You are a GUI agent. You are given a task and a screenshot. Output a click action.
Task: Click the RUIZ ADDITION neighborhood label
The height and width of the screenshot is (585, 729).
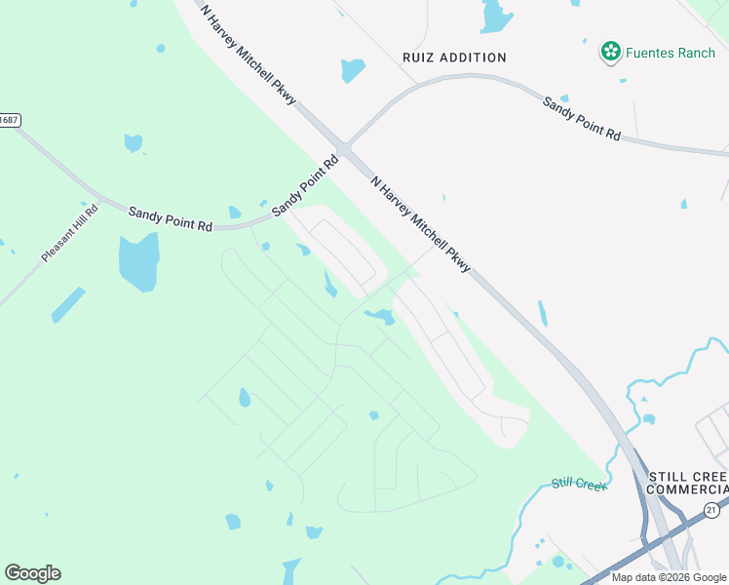[454, 58]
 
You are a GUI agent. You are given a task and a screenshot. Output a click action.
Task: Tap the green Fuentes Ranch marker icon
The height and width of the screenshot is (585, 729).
[611, 52]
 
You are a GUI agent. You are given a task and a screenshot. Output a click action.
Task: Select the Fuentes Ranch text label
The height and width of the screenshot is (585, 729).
[671, 53]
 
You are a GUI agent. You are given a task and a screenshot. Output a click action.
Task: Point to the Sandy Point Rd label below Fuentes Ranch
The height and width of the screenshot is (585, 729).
[582, 119]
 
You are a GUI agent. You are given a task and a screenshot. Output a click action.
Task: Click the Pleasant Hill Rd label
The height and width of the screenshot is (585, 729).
[70, 232]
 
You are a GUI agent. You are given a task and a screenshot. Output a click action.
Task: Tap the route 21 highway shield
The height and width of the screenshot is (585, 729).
[712, 510]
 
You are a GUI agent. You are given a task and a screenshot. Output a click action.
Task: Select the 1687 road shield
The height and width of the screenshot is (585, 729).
[9, 120]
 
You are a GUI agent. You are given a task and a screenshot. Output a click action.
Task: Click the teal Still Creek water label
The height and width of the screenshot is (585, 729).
[579, 484]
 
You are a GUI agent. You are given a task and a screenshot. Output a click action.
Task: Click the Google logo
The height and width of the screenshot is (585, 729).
[32, 573]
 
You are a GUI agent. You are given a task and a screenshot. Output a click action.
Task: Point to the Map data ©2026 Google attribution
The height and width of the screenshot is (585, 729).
[669, 577]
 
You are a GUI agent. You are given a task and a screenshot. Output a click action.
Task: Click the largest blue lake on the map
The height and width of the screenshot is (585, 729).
[138, 262]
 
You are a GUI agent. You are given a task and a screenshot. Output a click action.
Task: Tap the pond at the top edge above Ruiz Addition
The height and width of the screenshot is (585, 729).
[496, 16]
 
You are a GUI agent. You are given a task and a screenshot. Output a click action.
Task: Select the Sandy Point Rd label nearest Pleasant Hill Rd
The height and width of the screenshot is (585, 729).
[170, 217]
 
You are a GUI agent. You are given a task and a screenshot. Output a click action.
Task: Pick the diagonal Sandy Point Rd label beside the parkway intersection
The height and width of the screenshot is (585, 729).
[304, 184]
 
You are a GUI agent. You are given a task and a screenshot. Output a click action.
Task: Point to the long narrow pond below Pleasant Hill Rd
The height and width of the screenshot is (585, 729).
[68, 305]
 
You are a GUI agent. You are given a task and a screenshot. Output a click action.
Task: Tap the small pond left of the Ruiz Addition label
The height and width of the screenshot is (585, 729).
[353, 70]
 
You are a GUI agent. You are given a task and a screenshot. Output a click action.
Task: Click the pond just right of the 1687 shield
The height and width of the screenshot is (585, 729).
[134, 143]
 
